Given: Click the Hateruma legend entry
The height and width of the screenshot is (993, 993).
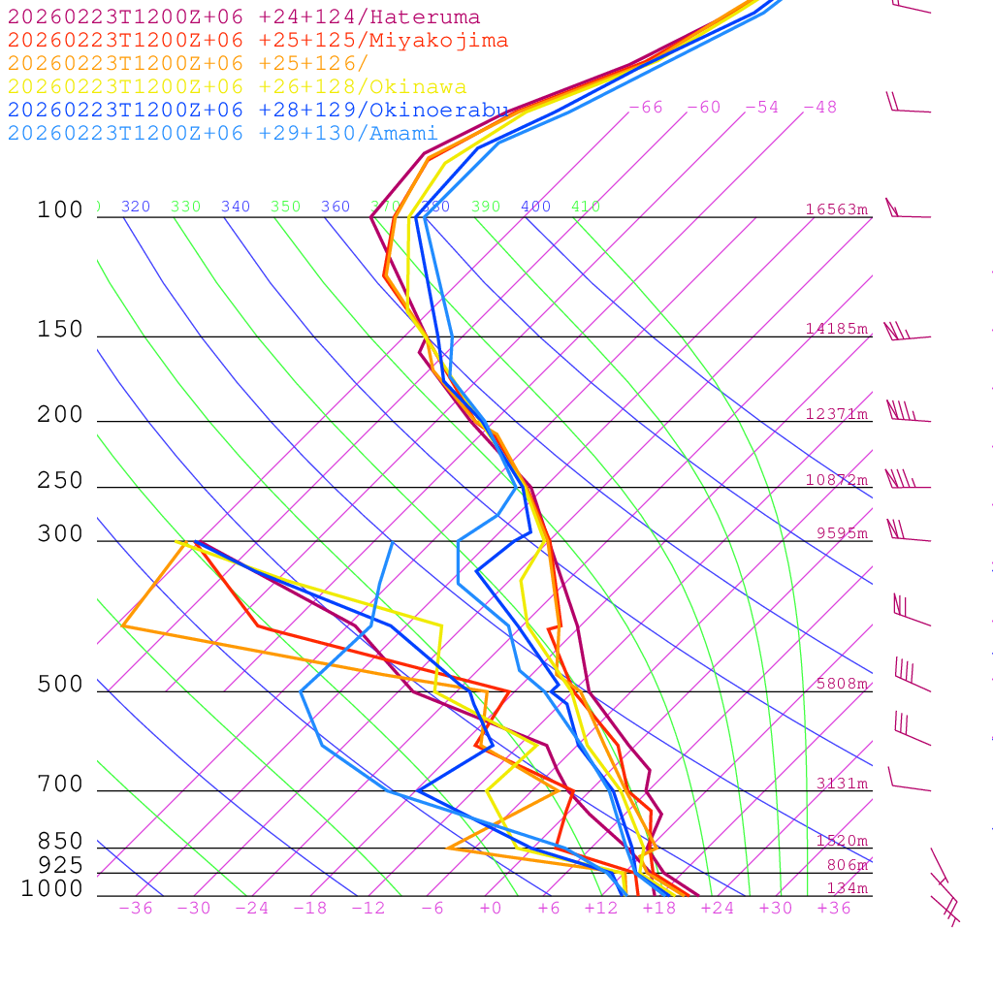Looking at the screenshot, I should click(243, 17).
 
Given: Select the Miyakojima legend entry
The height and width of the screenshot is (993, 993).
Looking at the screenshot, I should click(258, 41).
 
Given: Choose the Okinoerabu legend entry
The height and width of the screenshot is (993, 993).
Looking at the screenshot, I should click(258, 111).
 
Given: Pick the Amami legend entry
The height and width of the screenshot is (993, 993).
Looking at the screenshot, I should click(223, 134).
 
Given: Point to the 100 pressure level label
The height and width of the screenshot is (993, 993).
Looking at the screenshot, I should click(60, 209).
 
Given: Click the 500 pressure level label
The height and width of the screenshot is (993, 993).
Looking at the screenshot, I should click(60, 685).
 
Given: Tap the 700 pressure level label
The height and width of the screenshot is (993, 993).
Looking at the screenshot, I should click(60, 784).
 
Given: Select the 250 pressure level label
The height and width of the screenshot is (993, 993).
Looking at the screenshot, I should click(60, 481).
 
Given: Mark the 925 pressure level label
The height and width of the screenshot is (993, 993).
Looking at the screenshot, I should click(60, 865).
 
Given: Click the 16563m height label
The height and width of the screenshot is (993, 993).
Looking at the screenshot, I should click(836, 209).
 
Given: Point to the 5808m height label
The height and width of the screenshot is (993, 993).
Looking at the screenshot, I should click(842, 684).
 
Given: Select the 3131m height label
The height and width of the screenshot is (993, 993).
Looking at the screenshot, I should click(842, 784).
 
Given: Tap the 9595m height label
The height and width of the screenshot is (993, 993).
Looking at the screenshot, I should click(842, 532).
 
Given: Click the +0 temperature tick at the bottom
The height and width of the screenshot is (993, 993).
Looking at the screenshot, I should click(491, 909).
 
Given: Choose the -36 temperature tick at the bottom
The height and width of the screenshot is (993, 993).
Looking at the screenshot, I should click(135, 909).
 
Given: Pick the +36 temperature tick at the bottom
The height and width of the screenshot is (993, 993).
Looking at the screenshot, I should click(834, 909).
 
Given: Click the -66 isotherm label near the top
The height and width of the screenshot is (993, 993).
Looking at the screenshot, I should click(645, 107).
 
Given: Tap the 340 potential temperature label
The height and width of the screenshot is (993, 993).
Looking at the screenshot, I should click(236, 207).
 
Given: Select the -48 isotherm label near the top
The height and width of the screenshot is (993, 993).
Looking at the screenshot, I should click(819, 107).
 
